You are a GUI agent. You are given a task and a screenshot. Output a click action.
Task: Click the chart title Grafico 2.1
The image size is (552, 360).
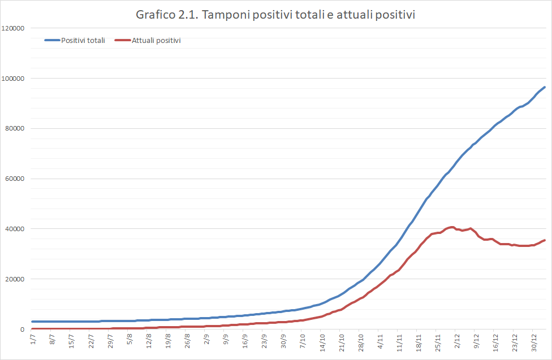276,15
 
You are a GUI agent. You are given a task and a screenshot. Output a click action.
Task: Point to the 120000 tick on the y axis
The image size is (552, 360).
14,28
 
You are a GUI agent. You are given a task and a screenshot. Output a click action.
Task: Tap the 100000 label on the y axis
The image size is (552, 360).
14,78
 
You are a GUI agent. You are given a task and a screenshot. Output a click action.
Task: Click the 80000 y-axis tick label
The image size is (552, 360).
15,128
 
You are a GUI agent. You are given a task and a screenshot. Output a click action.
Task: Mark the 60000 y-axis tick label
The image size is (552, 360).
15,179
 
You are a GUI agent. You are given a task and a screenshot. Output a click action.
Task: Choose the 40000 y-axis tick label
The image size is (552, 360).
15,229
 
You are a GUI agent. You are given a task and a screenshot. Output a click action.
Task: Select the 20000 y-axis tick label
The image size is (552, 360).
15,279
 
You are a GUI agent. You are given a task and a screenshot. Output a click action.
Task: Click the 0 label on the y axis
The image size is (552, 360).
23,329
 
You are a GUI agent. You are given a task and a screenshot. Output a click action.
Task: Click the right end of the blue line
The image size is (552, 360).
544,87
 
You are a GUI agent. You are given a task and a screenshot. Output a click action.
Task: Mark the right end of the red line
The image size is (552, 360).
544,240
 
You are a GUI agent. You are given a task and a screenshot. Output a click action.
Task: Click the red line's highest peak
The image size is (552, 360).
452,227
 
